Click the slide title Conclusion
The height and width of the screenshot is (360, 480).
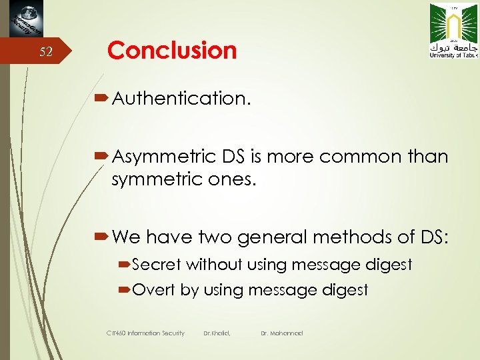tap(172, 51)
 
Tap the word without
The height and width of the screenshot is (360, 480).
tap(214, 265)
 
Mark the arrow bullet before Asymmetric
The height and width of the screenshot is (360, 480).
tap(103, 157)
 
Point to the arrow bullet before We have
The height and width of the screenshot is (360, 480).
tap(103, 237)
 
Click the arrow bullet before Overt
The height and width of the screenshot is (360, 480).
tap(125, 290)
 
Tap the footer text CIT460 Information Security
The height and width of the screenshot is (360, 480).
tap(145, 333)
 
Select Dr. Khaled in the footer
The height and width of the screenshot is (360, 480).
tap(217, 333)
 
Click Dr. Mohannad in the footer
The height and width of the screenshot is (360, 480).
tap(281, 333)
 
